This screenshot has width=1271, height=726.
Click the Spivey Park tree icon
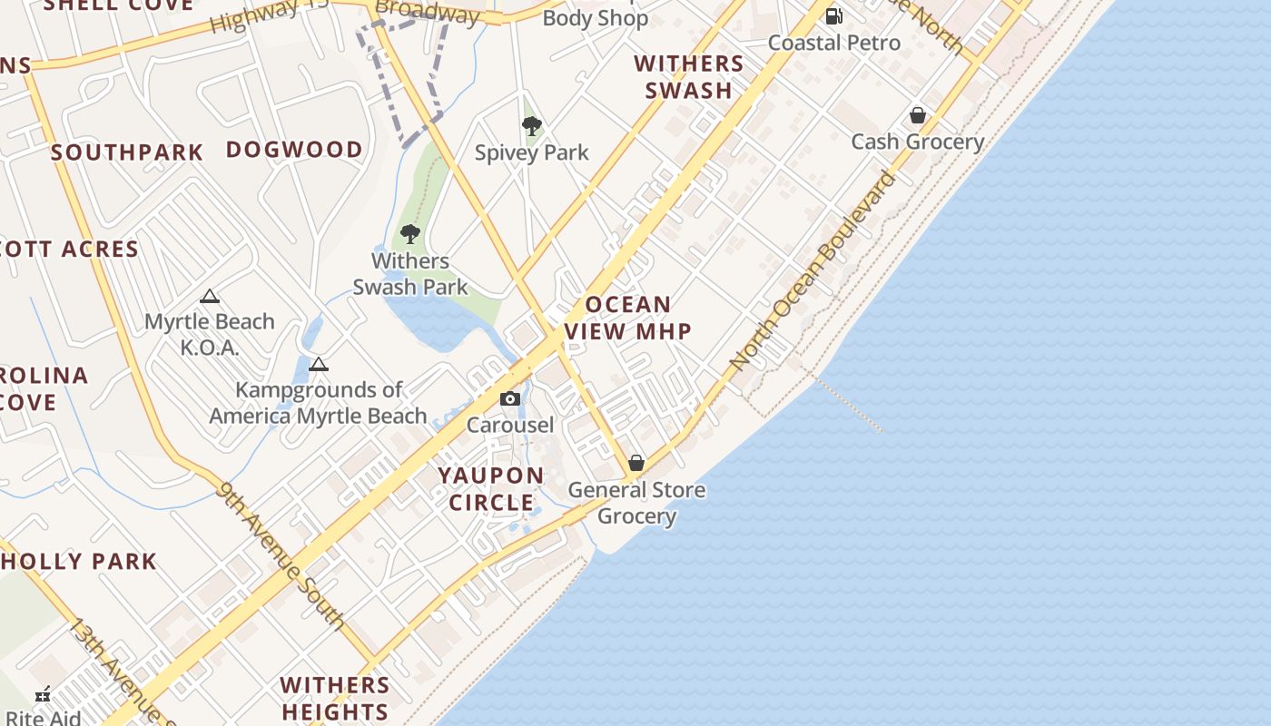pos(532,126)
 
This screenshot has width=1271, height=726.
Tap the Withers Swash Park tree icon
pos(410,234)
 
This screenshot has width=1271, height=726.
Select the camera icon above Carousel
pos(510,398)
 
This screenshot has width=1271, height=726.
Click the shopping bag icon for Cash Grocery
pos(918,115)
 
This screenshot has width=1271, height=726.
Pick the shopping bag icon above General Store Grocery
pos(636,463)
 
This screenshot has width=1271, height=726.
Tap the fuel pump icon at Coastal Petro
pos(833,15)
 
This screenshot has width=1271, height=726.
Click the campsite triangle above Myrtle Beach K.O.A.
pos(210,296)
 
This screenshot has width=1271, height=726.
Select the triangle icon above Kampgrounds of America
pos(318,365)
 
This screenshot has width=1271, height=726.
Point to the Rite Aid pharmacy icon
pos(43,695)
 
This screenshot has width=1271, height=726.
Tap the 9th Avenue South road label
pos(281,555)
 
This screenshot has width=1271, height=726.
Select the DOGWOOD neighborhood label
pos(294,150)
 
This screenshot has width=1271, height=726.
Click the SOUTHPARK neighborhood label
pos(127,152)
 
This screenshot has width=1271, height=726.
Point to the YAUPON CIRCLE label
pos(491,489)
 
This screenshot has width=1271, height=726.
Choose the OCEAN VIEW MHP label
pos(628,318)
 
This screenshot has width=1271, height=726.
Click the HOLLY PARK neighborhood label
pos(78,562)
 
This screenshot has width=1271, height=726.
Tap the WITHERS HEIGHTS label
pos(335,698)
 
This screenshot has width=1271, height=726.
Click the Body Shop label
pos(596,18)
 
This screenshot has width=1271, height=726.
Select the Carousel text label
pos(510,426)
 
